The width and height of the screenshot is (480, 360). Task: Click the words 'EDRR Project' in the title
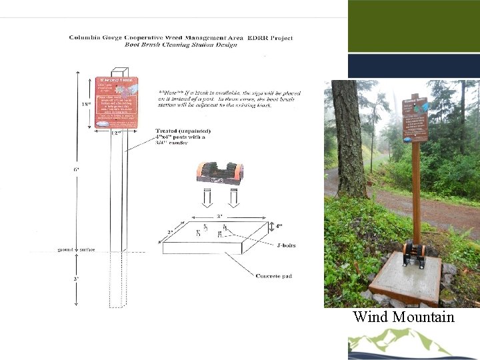pyautogui.click(x=269, y=38)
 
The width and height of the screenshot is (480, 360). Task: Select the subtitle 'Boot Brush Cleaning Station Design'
pyautogui.click(x=181, y=45)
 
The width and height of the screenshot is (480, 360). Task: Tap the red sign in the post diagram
pyautogui.click(x=117, y=102)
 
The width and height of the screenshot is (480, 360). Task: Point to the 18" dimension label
pyautogui.click(x=84, y=104)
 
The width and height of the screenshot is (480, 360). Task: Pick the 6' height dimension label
pyautogui.click(x=77, y=169)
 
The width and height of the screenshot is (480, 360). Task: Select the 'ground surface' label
pyautogui.click(x=75, y=250)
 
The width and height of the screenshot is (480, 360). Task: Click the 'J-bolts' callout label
pyautogui.click(x=285, y=245)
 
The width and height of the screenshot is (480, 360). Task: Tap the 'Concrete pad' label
pyautogui.click(x=274, y=275)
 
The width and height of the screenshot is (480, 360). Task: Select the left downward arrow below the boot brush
pyautogui.click(x=208, y=198)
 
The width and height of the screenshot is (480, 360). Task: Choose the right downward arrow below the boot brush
pyautogui.click(x=234, y=198)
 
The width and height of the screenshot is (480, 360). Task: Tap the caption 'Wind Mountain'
pyautogui.click(x=403, y=317)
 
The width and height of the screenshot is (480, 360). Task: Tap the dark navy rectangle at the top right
pyautogui.click(x=413, y=66)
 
